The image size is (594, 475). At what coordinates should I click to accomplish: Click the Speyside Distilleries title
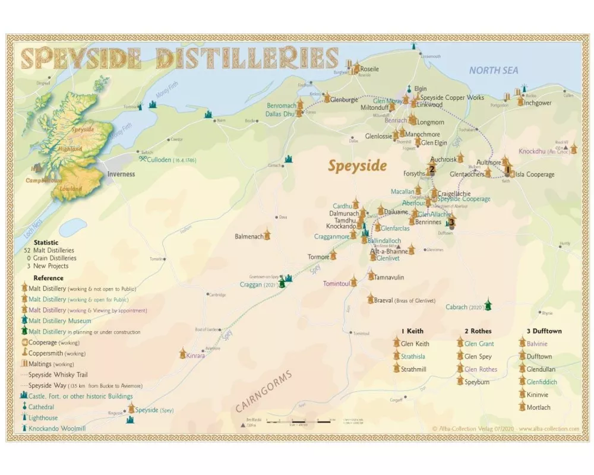click(x=179, y=58)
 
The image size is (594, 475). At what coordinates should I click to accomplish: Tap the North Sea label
click(x=494, y=70)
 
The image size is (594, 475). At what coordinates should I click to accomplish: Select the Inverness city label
click(x=121, y=174)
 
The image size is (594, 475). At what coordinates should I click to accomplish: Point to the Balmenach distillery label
click(x=249, y=236)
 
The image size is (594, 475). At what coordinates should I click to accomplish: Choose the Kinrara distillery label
click(x=195, y=355)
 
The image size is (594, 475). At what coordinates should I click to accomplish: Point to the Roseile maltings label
click(x=369, y=69)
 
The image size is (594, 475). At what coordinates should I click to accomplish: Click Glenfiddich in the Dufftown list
click(x=541, y=382)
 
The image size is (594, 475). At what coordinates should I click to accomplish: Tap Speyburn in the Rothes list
click(x=477, y=382)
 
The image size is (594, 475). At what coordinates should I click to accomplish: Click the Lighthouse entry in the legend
click(x=42, y=418)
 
